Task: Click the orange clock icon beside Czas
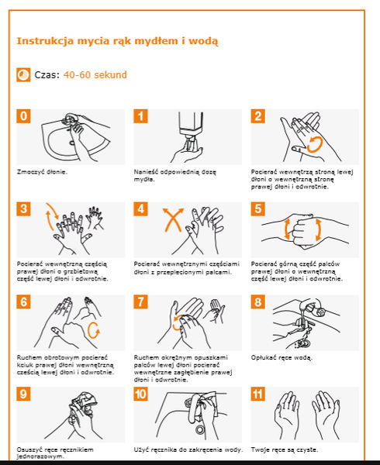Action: [23, 74]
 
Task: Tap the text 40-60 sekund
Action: [95, 74]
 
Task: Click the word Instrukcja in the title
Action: [45, 40]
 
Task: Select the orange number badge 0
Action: [23, 116]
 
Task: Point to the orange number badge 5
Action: [257, 208]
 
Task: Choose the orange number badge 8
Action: [257, 302]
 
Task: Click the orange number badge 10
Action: [140, 394]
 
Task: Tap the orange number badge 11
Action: [257, 394]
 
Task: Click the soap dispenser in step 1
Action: [191, 126]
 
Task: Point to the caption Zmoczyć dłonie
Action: [42, 172]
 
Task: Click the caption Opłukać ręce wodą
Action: [282, 357]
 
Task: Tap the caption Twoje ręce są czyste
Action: [285, 449]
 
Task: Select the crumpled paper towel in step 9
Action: [84, 403]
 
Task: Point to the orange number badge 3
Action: [23, 208]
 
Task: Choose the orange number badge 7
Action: [140, 302]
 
